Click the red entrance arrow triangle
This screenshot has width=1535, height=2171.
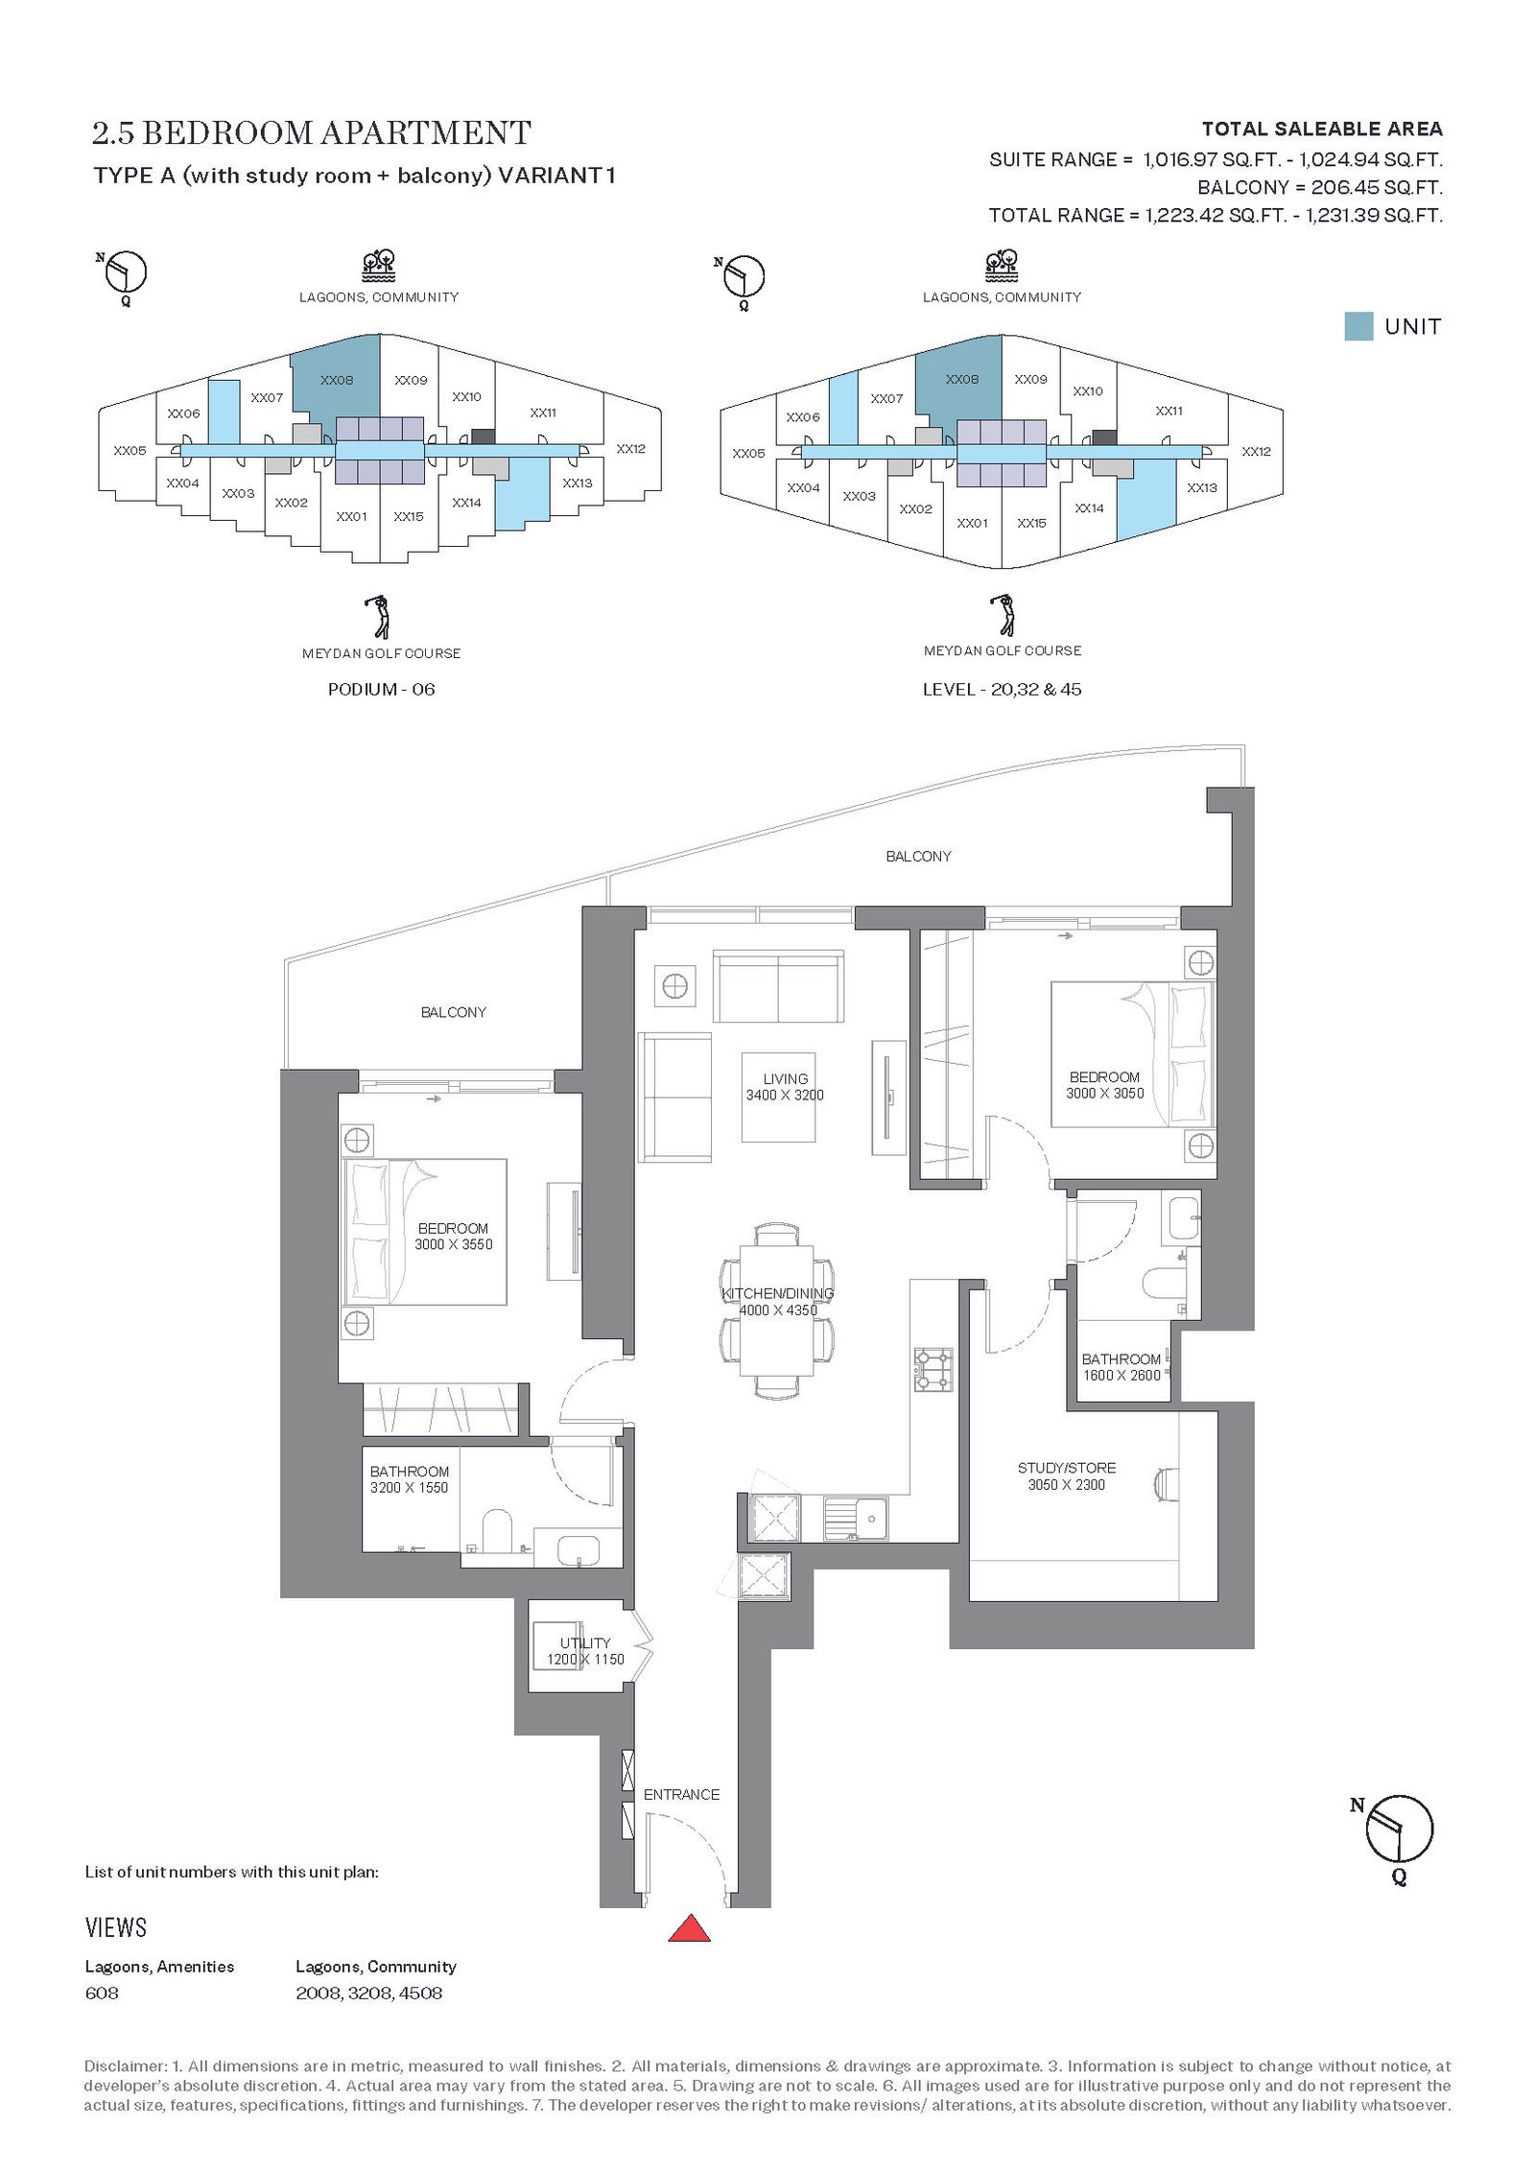click(x=689, y=1927)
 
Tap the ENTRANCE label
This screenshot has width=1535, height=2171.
click(x=681, y=1794)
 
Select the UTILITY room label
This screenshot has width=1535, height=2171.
click(x=585, y=1643)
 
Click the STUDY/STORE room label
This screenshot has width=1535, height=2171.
click(x=1067, y=1468)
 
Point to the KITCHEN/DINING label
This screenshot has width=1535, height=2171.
click(x=778, y=1293)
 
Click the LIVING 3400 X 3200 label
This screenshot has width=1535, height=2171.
click(x=785, y=1087)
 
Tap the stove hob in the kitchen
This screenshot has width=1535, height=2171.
click(x=933, y=1370)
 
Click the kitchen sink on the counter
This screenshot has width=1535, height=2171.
click(x=856, y=1518)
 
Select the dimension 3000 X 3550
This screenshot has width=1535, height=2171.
click(x=453, y=1244)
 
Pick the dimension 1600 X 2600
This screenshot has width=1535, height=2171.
click(x=1122, y=1375)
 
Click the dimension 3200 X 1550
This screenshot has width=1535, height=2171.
click(x=409, y=1487)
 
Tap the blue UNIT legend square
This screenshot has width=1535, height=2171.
click(x=1358, y=326)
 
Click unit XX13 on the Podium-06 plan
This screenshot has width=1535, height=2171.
click(x=578, y=483)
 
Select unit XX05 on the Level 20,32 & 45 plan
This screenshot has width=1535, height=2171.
click(x=748, y=453)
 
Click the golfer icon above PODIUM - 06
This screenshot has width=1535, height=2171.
click(x=381, y=617)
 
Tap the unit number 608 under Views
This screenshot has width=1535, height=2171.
click(x=102, y=1993)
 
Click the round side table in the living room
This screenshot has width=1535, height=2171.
click(x=674, y=985)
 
